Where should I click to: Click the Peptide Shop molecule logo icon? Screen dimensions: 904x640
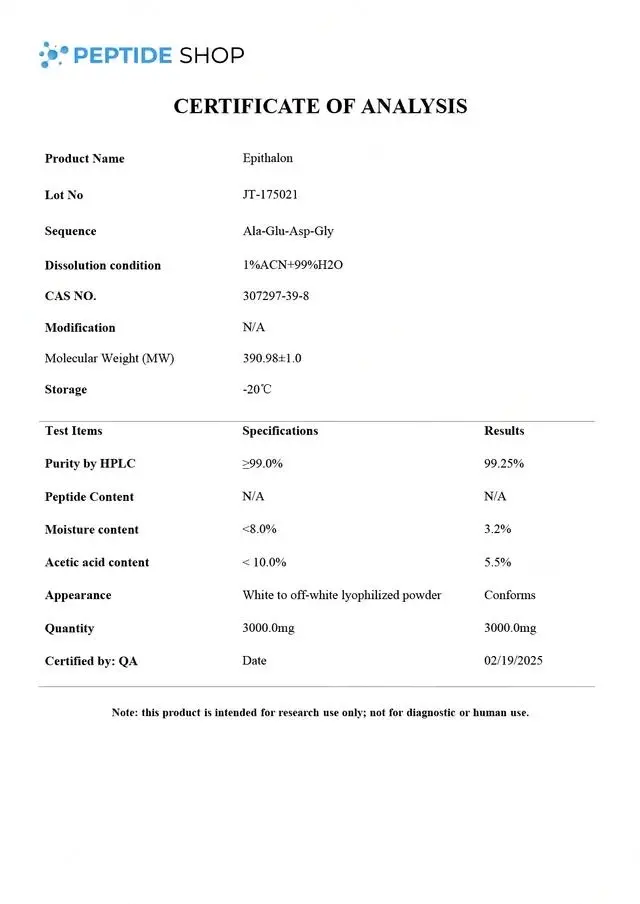coord(54,55)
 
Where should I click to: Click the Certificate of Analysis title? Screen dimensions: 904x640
coord(320,106)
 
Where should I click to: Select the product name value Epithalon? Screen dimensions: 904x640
coord(267,158)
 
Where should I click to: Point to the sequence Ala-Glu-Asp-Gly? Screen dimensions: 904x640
coord(288,231)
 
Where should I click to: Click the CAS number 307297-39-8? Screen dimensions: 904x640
coord(275,296)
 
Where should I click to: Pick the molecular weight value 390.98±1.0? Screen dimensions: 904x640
coord(272,358)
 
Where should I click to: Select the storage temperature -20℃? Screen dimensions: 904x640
coord(256,389)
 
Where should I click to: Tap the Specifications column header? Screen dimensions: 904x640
coord(280,431)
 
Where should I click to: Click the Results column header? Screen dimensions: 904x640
coord(504,431)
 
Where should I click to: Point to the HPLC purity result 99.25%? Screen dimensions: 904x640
coord(504,464)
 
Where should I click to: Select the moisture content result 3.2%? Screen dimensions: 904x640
coord(498,529)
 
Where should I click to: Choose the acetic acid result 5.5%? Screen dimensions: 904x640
coord(498,562)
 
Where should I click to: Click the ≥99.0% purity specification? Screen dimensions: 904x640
coord(262,464)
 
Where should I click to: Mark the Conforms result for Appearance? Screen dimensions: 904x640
coord(510,595)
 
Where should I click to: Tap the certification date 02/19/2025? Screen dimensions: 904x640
coord(513,661)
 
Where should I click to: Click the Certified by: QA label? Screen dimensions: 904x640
coord(91,661)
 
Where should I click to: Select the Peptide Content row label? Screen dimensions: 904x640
coord(89,497)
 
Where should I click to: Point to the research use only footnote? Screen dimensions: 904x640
coord(320,713)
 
